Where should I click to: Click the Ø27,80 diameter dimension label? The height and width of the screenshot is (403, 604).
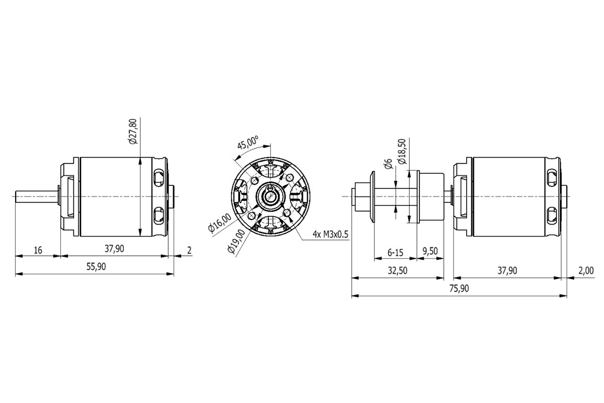[x=133, y=131]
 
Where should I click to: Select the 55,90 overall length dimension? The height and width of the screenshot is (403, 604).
[x=96, y=266]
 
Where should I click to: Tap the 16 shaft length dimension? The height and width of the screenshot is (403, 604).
[x=38, y=250]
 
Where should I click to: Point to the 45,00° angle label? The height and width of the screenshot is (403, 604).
[x=248, y=143]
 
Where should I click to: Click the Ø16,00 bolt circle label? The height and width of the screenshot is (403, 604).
[x=220, y=223]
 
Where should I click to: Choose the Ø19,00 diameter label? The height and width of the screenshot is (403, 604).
[x=237, y=241]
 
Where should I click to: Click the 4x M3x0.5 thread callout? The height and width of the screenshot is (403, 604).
[x=330, y=234]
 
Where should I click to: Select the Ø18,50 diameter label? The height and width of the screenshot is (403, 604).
[x=402, y=152]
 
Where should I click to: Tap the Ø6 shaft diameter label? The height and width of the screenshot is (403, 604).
[x=388, y=164]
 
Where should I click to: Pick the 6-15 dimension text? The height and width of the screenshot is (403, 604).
[x=395, y=253]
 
